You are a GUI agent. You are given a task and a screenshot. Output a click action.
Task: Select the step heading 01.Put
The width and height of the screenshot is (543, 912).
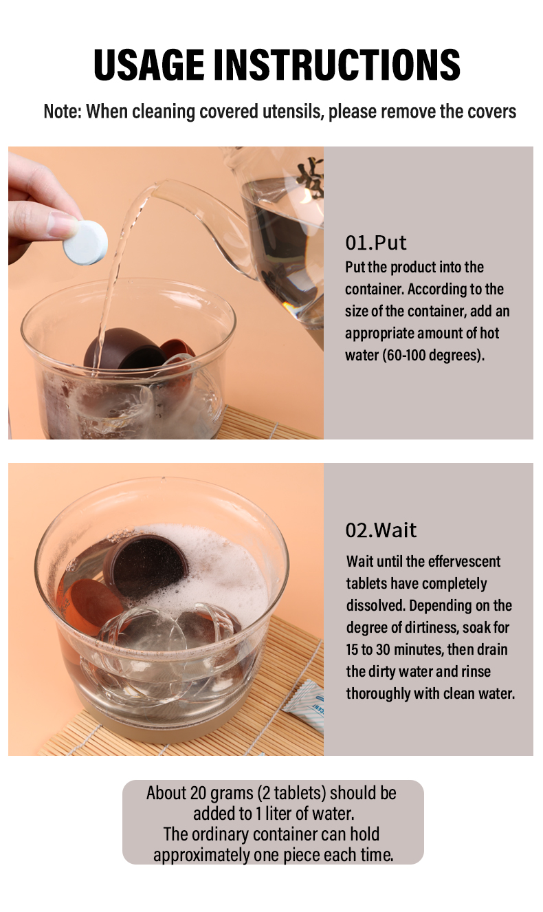pos(375,243)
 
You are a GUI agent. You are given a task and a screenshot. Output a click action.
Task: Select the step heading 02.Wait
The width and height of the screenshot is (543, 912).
pos(381,530)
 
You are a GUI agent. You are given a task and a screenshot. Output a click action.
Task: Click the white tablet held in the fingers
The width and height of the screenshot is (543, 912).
pos(85,243)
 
